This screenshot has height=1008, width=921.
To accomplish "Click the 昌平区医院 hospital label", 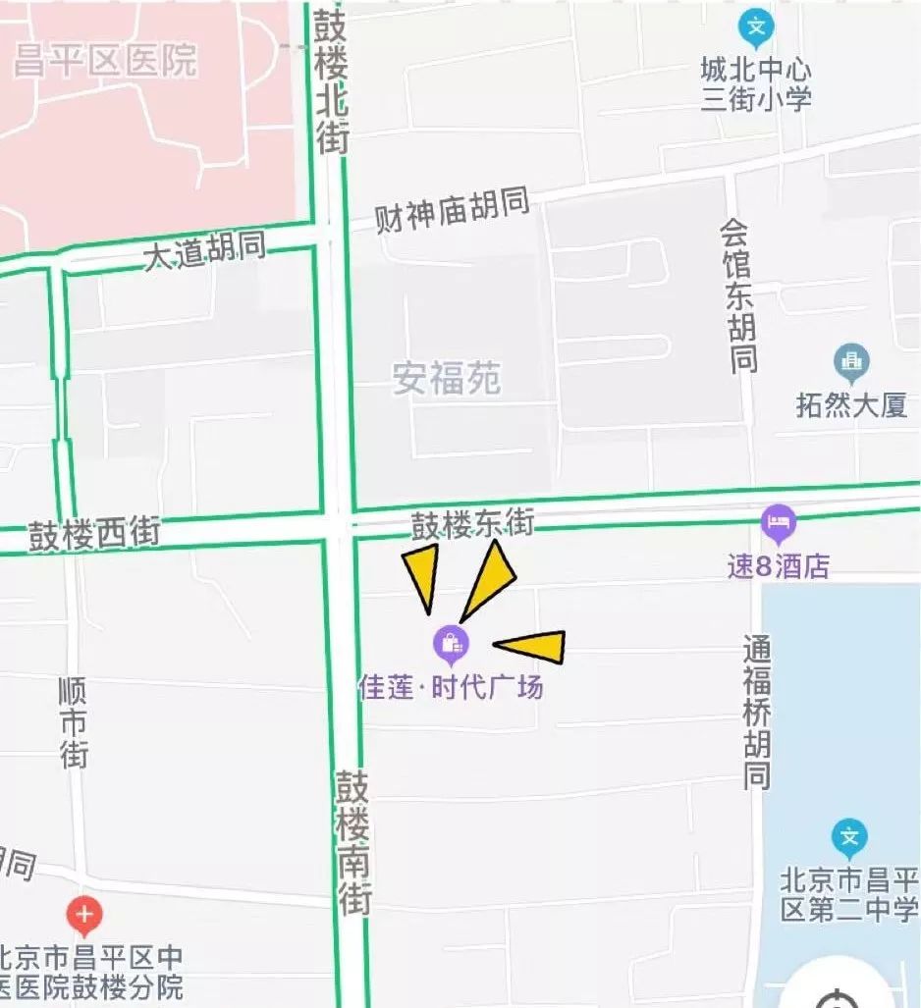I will tap(105, 61).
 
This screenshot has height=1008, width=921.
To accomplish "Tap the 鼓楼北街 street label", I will tap(332, 80).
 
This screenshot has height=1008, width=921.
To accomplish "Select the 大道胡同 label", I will tap(204, 251).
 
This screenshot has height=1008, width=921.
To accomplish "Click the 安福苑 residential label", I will tap(447, 379).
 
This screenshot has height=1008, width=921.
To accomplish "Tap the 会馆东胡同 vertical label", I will tap(739, 295).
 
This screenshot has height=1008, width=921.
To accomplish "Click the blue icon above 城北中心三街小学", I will tap(756, 29).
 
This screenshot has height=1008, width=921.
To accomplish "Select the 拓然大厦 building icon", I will tap(850, 363).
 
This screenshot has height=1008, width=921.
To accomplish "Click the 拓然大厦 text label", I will tap(852, 406).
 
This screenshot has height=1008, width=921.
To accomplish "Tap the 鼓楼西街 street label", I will tap(94, 535).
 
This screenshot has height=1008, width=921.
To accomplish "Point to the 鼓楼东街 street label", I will tap(472, 525).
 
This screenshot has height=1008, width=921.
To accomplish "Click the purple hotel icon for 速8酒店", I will tap(778, 523).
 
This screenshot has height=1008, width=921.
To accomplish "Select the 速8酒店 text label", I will tap(779, 566).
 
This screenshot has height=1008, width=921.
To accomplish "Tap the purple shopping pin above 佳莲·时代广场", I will tap(451, 644).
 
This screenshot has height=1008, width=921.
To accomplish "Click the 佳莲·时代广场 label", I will tap(451, 687).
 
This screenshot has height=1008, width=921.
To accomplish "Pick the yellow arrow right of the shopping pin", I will tap(531, 645).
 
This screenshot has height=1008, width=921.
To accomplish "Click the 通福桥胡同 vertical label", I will tap(756, 713).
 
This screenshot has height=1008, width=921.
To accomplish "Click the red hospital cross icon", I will tap(84, 917).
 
